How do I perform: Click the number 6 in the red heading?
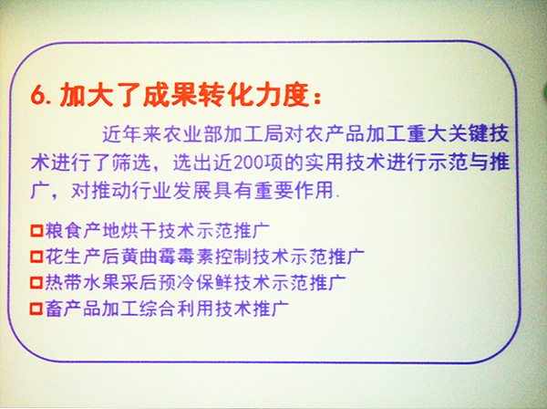[38, 95]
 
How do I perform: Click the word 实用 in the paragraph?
[325, 163]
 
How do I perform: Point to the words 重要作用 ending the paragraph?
[294, 191]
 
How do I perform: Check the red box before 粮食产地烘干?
[36, 231]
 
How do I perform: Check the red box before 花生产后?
[36, 257]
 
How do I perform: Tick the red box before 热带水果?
[36, 283]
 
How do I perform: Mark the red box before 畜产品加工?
[36, 309]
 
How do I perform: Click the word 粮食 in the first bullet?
[63, 231]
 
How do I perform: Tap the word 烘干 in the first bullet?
[139, 231]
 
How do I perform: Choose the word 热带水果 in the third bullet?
[82, 283]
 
